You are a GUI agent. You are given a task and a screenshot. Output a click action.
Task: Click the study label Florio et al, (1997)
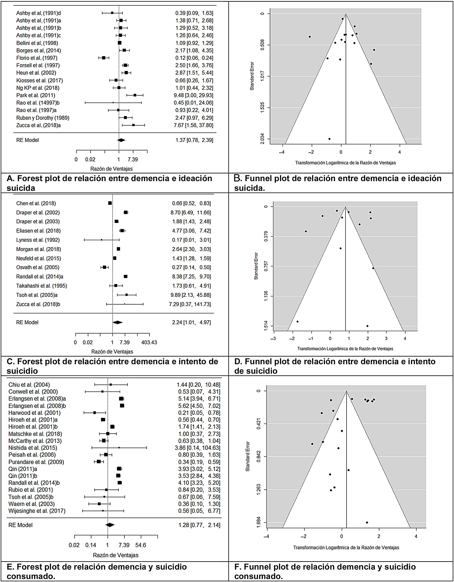pos(37,58)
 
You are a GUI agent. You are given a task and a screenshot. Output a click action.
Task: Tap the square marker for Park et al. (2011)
pos(135,95)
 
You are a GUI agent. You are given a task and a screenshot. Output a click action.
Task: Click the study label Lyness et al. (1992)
pos(38,240)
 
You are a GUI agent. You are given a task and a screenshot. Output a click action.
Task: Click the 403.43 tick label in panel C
pos(149,342)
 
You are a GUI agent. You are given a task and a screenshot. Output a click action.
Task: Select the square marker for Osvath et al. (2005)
pos(104,267)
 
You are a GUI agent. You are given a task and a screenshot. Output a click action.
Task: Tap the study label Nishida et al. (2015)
pos(33,448)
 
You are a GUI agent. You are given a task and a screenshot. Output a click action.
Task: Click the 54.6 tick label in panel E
pos(140,545)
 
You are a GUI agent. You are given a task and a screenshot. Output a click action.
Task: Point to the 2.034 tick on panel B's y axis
pos(262,139)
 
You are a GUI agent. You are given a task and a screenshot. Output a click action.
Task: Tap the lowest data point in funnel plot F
pos(367,522)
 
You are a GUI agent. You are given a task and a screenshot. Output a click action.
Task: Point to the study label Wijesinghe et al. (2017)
pos(37,511)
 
